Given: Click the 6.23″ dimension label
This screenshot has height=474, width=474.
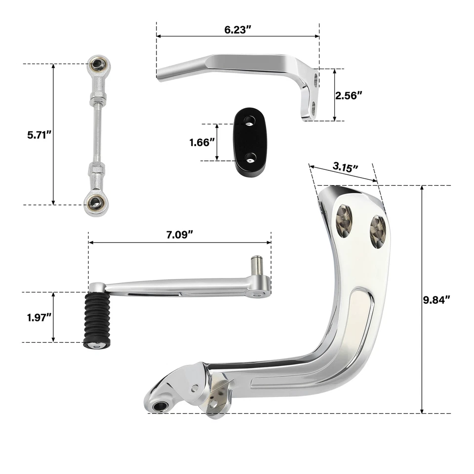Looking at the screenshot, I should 237,29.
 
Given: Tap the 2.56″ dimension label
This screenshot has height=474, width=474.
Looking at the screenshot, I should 349,95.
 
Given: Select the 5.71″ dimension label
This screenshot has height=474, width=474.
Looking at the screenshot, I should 40,134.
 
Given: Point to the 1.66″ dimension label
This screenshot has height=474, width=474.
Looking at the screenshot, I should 202,142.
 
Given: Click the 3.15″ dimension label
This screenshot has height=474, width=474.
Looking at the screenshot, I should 345,167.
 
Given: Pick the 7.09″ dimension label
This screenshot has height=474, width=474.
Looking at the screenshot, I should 179,235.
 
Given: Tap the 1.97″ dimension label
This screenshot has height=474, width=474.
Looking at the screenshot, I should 40,317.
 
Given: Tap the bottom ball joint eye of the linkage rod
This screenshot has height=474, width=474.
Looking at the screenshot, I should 95,202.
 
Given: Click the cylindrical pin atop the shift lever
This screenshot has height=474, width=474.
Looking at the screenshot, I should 256,265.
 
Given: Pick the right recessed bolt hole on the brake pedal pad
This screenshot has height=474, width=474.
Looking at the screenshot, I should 378,231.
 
